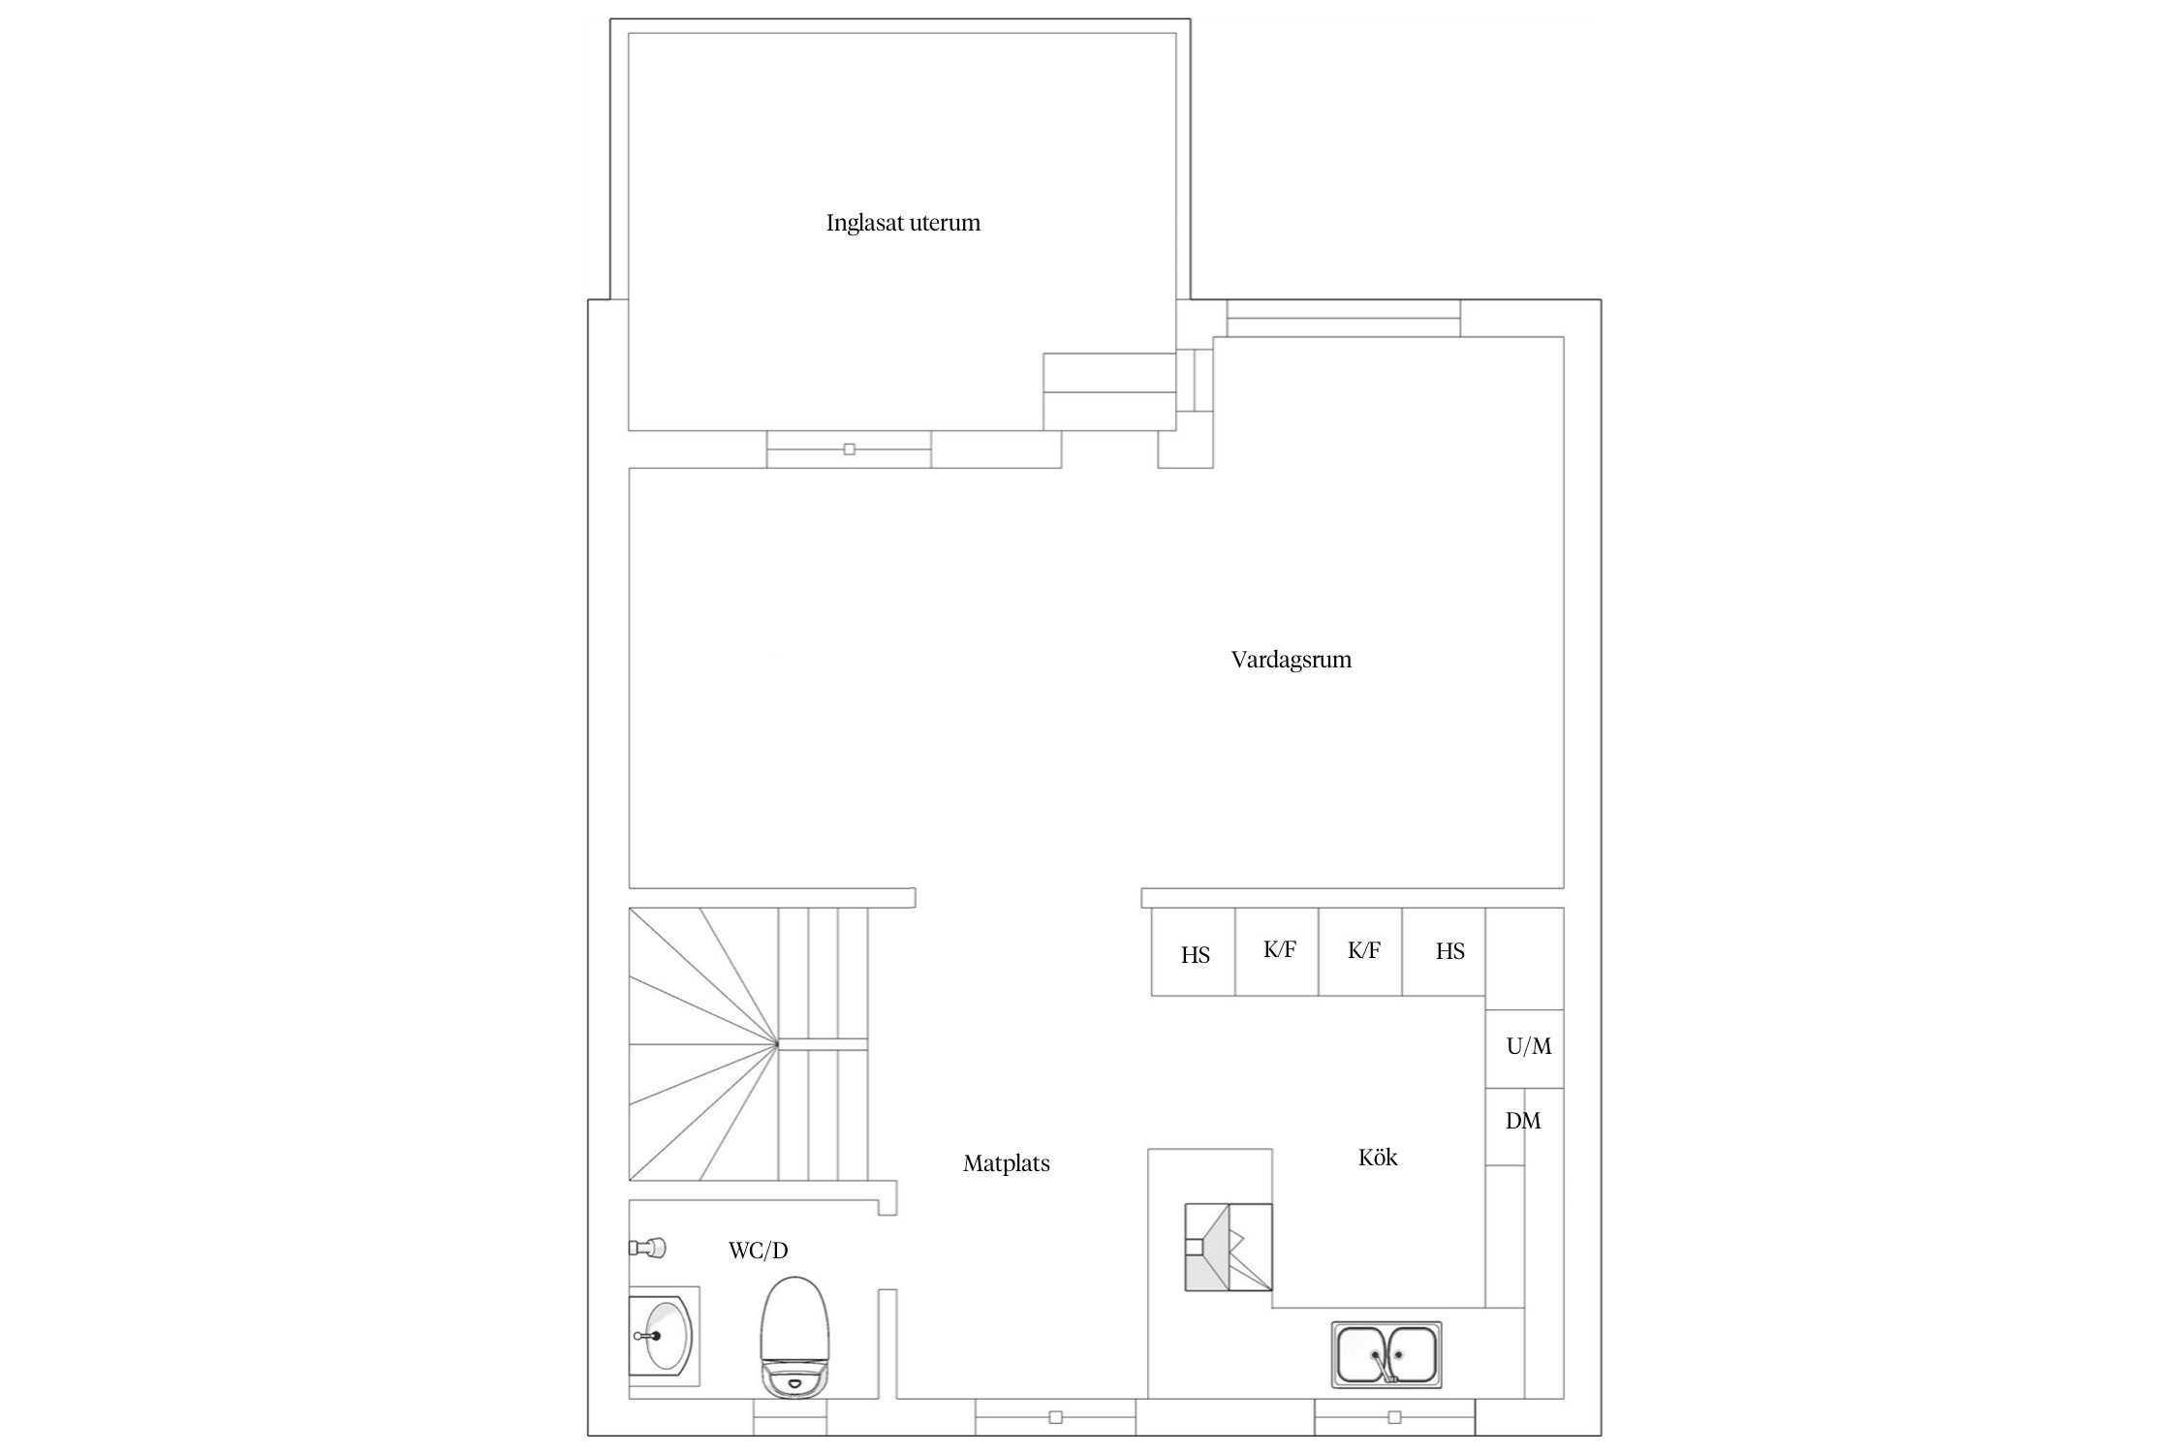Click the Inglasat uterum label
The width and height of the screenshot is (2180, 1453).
click(903, 224)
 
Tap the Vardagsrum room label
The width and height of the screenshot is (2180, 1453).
click(1291, 661)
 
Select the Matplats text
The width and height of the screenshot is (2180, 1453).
click(1006, 1164)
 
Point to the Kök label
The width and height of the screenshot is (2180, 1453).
click(1378, 1158)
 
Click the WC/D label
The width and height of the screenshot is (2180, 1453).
click(758, 1251)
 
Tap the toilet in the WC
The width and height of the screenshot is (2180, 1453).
click(794, 1338)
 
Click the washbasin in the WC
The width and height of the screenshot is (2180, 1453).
click(664, 1336)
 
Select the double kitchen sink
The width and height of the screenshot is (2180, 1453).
click(1386, 1354)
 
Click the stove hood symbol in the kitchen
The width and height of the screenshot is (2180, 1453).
click(1229, 1248)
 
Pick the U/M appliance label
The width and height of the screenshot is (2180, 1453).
click(1529, 1046)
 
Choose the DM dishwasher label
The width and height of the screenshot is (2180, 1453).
click(1523, 1121)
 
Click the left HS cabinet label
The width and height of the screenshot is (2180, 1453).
click(1195, 955)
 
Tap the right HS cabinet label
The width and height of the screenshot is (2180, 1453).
click(1449, 951)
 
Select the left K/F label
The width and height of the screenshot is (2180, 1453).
click(1279, 949)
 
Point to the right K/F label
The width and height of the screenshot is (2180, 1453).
click(1363, 950)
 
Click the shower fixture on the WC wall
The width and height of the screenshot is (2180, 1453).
click(647, 1248)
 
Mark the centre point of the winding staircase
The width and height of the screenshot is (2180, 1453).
click(777, 1044)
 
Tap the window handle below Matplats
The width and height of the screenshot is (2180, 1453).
click(1056, 1417)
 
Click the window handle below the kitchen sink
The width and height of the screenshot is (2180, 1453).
click(1394, 1417)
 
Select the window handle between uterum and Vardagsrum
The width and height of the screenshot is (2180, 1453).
click(850, 449)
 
